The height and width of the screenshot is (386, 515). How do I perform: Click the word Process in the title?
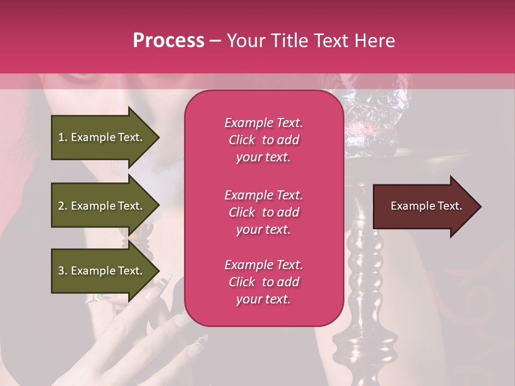pyautogui.click(x=168, y=41)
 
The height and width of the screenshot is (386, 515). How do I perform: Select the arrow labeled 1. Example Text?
pyautogui.click(x=102, y=137)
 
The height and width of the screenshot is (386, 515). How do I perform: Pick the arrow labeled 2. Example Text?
pyautogui.click(x=102, y=206)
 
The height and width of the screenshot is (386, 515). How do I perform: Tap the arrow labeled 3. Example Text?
pyautogui.click(x=102, y=271)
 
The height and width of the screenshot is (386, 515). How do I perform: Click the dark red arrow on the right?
pyautogui.click(x=424, y=206)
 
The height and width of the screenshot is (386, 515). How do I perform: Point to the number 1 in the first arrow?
pyautogui.click(x=61, y=137)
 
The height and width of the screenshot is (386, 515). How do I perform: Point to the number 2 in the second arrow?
pyautogui.click(x=61, y=206)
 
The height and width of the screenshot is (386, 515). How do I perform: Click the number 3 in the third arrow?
pyautogui.click(x=61, y=271)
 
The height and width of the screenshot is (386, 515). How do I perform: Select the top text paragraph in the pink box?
pyautogui.click(x=263, y=140)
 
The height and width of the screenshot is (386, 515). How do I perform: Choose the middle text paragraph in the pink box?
pyautogui.click(x=263, y=212)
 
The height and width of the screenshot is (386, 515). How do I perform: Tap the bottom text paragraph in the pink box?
pyautogui.click(x=263, y=282)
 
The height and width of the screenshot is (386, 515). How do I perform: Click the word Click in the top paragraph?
pyautogui.click(x=242, y=140)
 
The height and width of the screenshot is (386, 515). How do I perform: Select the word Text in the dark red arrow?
pyautogui.click(x=451, y=206)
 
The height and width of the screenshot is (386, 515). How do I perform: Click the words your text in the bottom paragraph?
pyautogui.click(x=263, y=299)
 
